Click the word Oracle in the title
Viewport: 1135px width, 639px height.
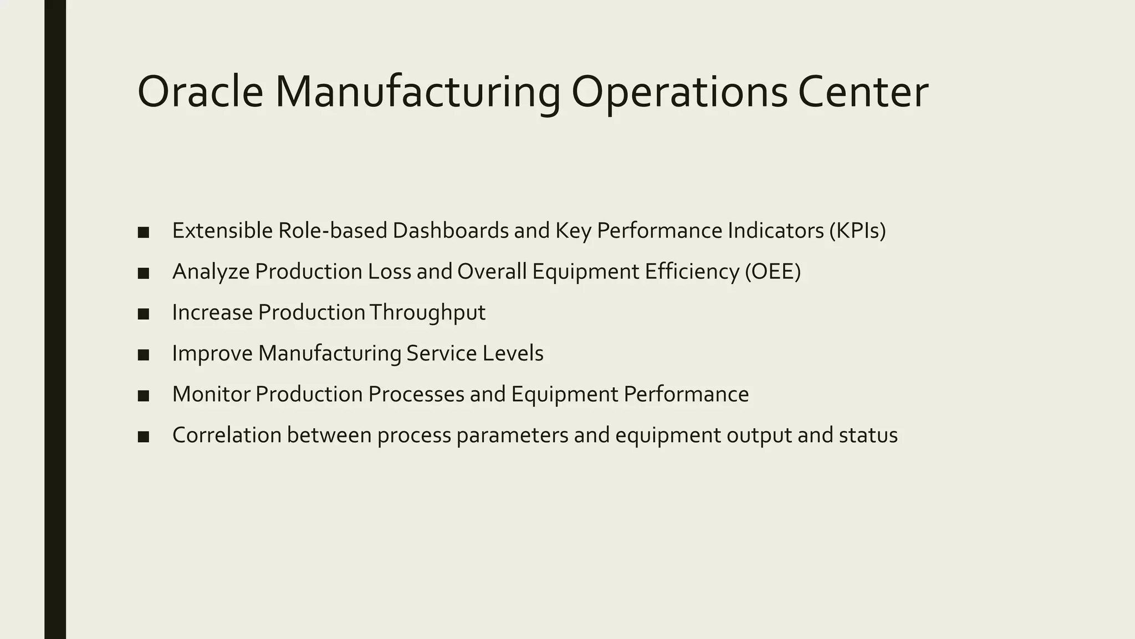click(200, 92)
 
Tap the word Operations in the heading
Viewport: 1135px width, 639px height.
click(679, 92)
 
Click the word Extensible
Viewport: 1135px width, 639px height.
click(222, 231)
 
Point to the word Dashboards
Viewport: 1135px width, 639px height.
click(451, 231)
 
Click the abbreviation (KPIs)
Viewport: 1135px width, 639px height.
click(857, 231)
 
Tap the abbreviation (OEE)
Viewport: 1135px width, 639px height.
click(773, 272)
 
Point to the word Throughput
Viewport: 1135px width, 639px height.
click(427, 313)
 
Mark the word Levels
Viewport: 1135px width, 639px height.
click(513, 353)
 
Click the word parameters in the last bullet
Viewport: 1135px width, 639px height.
click(513, 435)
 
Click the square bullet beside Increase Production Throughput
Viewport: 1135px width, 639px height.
click(144, 314)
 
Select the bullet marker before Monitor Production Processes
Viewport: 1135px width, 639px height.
click(144, 395)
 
